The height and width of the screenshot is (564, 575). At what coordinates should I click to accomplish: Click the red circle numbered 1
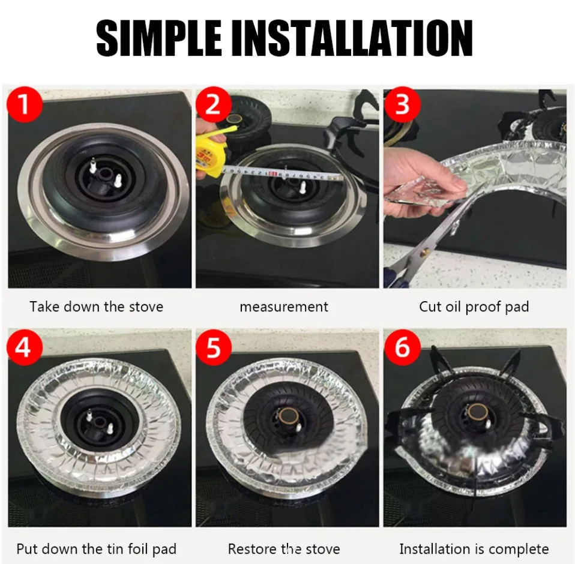pyautogui.click(x=25, y=104)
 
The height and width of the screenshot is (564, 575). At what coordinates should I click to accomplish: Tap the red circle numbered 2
pyautogui.click(x=214, y=104)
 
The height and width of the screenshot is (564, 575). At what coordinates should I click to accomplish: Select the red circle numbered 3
pyautogui.click(x=402, y=104)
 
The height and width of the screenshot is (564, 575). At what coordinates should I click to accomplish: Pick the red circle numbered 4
pyautogui.click(x=25, y=347)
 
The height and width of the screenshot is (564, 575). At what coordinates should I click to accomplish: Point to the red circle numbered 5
pyautogui.click(x=214, y=347)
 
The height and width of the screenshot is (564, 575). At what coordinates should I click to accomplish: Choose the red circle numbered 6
pyautogui.click(x=402, y=347)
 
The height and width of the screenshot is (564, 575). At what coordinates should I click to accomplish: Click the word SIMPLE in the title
pyautogui.click(x=159, y=38)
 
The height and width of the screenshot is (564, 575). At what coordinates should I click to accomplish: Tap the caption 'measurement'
pyautogui.click(x=284, y=307)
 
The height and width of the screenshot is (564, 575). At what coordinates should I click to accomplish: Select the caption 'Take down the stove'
pyautogui.click(x=97, y=307)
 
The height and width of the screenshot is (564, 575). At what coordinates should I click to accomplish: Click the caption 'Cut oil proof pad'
pyautogui.click(x=474, y=307)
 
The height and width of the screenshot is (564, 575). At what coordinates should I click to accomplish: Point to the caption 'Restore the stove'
pyautogui.click(x=284, y=549)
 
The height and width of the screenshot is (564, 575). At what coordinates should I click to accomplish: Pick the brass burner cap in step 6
pyautogui.click(x=477, y=413)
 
